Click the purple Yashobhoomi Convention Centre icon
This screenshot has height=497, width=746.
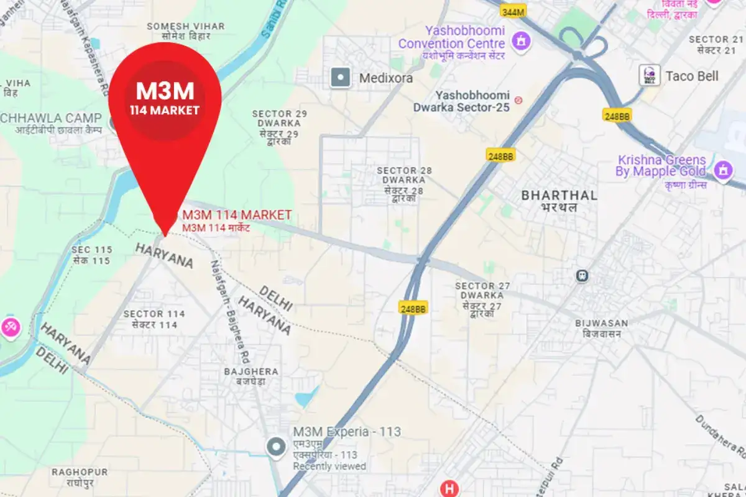(517, 42)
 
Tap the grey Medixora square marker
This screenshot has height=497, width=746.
(341, 78)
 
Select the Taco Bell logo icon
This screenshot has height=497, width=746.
(650, 76)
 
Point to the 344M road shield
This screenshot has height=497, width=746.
(513, 11)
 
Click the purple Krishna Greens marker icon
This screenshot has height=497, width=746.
(723, 169)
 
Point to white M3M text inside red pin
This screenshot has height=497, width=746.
(165, 91)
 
